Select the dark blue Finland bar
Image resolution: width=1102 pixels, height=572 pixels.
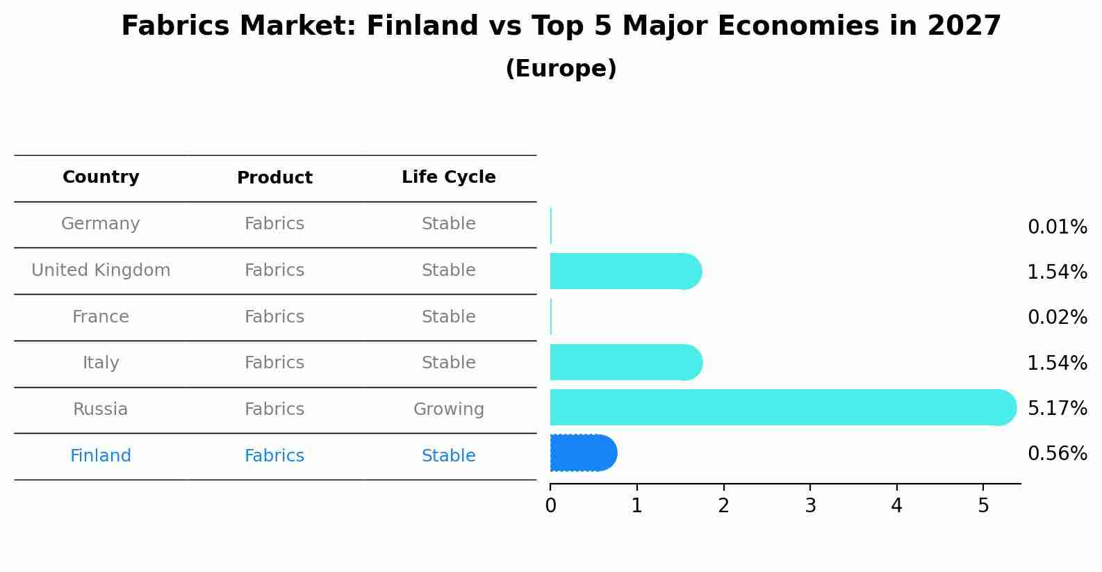[582, 453]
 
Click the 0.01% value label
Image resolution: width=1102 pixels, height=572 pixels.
[1057, 227]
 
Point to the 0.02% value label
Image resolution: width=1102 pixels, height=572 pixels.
[1057, 318]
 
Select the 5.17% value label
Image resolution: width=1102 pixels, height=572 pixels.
[1057, 408]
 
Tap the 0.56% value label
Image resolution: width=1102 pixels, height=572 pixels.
[1057, 454]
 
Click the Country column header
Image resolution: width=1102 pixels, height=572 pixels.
[101, 177]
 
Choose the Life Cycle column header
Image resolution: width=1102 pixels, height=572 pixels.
[448, 177]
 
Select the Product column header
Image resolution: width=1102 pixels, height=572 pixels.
[274, 178]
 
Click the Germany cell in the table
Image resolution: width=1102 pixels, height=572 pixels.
[101, 224]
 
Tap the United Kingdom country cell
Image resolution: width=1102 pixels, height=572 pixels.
[101, 270]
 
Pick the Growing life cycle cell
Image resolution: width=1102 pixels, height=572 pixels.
[448, 409]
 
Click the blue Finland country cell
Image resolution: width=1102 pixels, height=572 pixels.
[101, 456]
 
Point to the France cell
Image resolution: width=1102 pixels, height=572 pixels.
[101, 317]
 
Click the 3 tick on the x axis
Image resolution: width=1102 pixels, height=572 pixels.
[810, 506]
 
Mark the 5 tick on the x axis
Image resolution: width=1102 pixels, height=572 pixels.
[983, 506]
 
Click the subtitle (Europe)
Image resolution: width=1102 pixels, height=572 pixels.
[561, 69]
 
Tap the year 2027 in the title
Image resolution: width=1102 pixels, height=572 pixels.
[964, 26]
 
